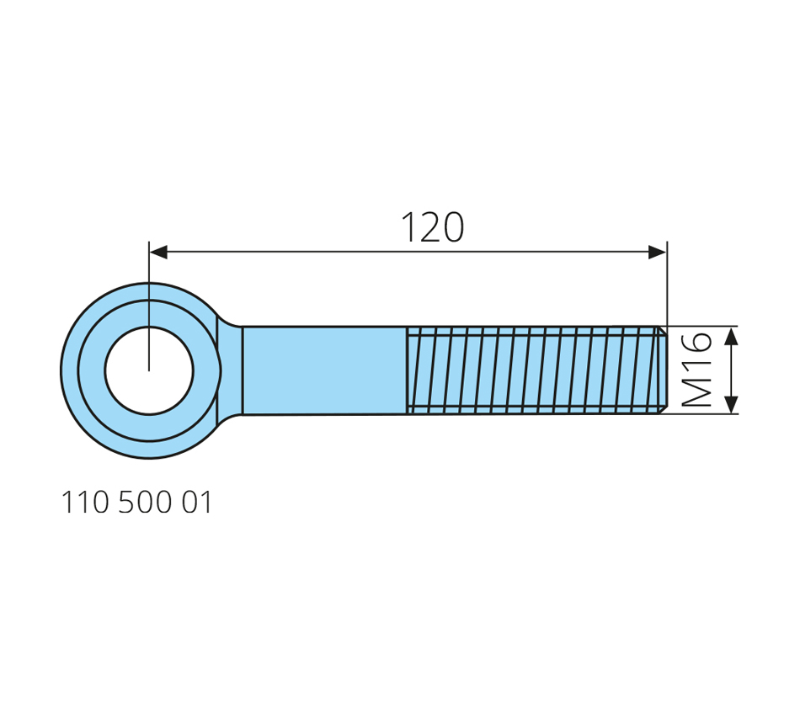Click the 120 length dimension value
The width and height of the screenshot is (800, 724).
(x=433, y=227)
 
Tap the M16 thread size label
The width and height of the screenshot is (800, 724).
(x=697, y=370)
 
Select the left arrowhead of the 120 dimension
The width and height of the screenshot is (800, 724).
(x=158, y=252)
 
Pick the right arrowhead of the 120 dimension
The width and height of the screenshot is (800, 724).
(x=657, y=252)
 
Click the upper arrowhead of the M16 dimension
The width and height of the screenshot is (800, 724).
(x=731, y=336)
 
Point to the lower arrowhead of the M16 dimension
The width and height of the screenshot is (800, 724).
(x=731, y=404)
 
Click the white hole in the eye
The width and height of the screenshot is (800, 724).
(x=149, y=370)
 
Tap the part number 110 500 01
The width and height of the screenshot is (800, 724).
(x=136, y=502)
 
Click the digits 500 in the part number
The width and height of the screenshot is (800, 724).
(x=145, y=502)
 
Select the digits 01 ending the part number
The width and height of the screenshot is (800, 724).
(x=197, y=502)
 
